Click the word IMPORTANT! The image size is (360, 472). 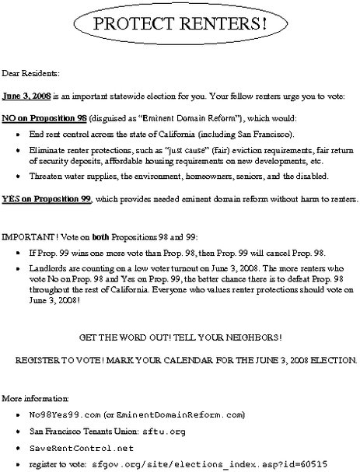24,236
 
